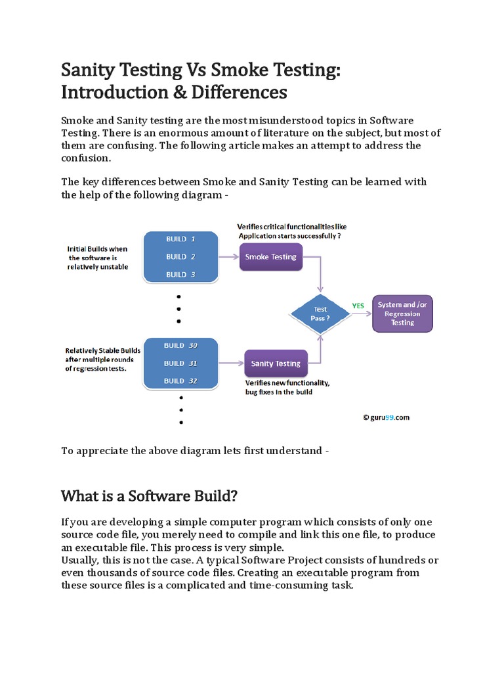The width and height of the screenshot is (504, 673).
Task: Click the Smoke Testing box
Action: coord(270,257)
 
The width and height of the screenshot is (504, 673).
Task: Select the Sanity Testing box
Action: coord(276,363)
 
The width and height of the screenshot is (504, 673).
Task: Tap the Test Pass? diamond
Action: coord(320,313)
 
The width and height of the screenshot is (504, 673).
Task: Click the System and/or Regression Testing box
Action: coord(403,313)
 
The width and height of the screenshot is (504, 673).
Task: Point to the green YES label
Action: coord(358,306)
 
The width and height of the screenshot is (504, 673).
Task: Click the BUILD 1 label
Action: coord(180,239)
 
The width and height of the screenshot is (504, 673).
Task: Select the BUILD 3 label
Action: coord(180,275)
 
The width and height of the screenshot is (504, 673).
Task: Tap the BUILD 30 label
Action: coord(180,346)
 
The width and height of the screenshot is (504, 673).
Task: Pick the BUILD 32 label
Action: coord(180,381)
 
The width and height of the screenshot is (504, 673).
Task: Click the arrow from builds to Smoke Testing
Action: coord(228,257)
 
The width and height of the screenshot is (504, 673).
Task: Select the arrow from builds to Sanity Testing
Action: coord(230,363)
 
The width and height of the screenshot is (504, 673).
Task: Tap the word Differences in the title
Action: coord(239,93)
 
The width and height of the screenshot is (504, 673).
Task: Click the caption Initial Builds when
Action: coord(97,249)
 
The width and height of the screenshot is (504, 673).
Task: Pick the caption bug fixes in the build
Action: coord(279,392)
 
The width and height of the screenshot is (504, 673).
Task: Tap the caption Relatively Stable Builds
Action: coord(103,351)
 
